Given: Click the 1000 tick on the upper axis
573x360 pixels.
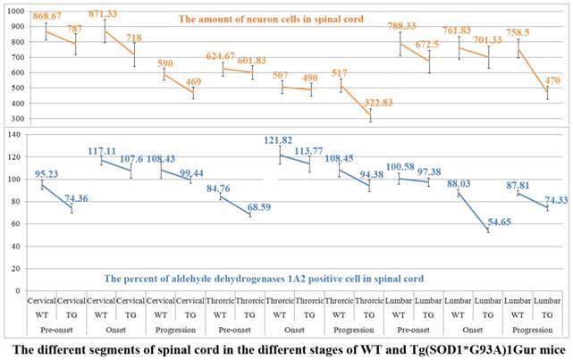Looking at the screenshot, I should coord(14,11).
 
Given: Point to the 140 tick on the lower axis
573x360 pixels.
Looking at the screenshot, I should coord(16,134).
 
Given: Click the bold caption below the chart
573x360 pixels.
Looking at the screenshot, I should coord(286,345).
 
